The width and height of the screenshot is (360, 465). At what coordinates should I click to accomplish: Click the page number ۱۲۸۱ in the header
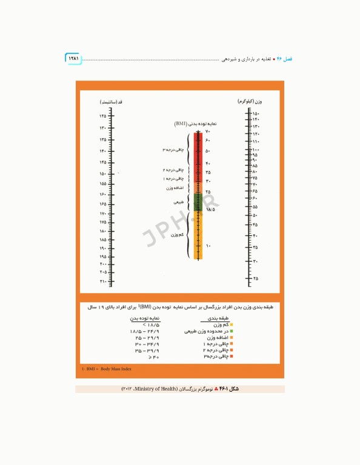click(73, 59)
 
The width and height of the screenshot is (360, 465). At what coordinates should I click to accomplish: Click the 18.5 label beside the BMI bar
click(210, 209)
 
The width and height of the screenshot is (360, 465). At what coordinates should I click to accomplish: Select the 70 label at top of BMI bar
click(207, 132)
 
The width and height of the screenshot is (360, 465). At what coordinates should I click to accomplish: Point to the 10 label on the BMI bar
click(208, 245)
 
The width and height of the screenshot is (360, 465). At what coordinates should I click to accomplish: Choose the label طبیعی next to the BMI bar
click(179, 202)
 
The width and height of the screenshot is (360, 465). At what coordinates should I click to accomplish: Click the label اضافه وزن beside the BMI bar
click(175, 188)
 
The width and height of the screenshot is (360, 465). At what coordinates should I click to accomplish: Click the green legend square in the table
click(231, 332)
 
